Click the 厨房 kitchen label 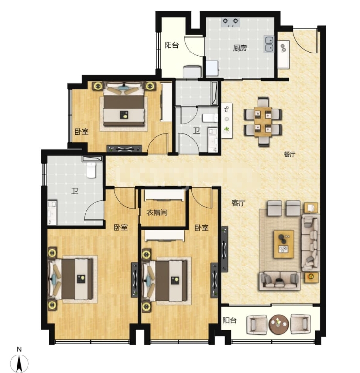[240, 48]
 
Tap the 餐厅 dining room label [290, 154]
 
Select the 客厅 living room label [239, 203]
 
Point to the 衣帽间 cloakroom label [157, 213]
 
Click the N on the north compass [19, 349]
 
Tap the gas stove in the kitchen [230, 22]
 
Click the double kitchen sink [269, 44]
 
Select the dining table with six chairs [263, 122]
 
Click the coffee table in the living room [284, 244]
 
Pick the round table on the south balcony [279, 324]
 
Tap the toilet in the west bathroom [91, 170]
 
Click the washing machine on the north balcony [192, 71]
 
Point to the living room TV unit [224, 249]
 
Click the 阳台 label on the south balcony [229, 320]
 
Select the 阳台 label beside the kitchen [172, 45]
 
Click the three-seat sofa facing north [279, 282]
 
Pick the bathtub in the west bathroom [92, 159]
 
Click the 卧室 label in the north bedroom [82, 132]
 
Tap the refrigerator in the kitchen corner [212, 69]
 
